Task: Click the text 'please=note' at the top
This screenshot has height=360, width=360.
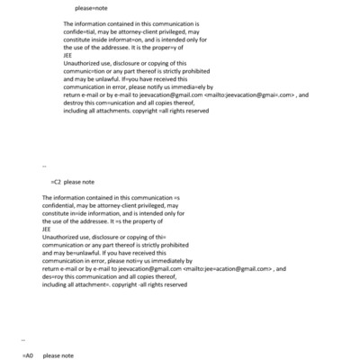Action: pos(91,7)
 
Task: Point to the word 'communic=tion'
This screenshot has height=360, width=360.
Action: pos(86,68)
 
